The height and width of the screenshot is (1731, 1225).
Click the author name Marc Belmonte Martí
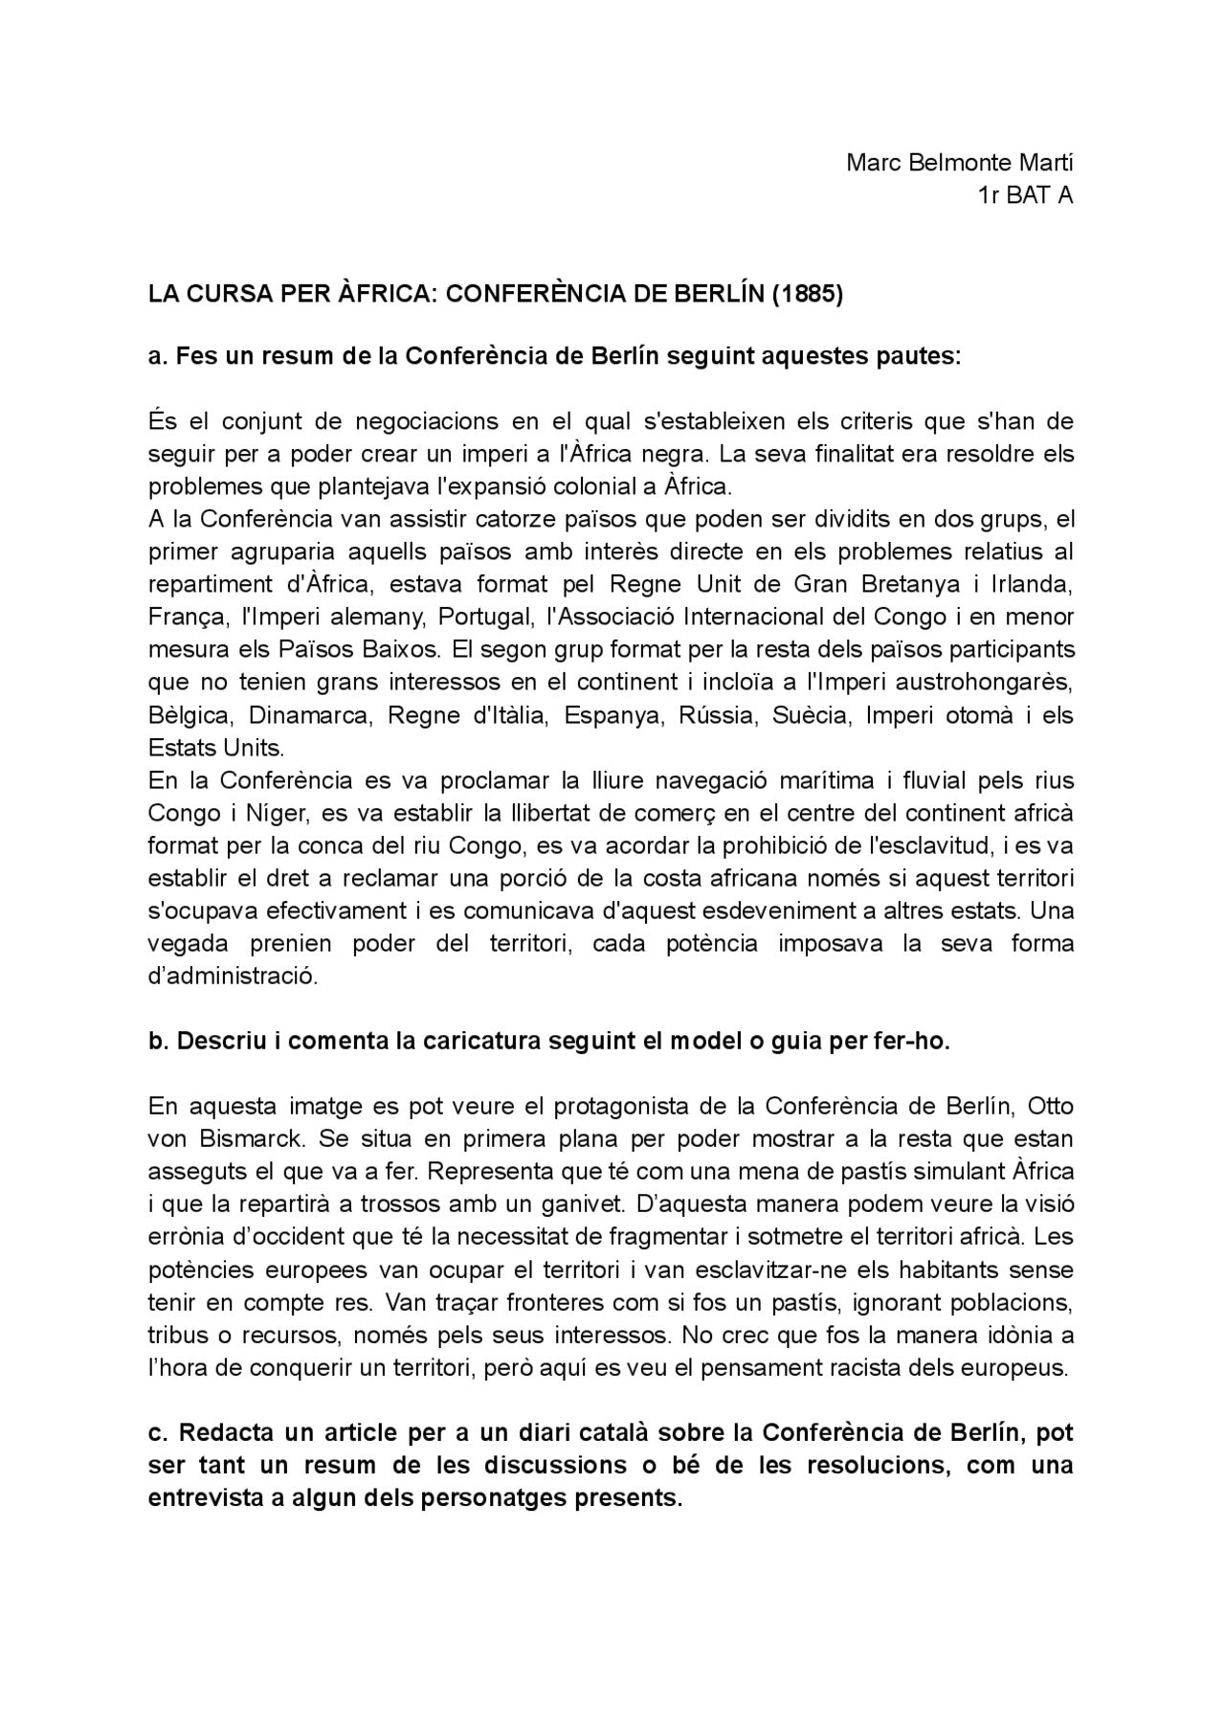pos(959,162)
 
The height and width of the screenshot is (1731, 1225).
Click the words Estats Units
pos(215,748)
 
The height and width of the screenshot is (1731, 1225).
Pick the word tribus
pos(178,1335)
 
